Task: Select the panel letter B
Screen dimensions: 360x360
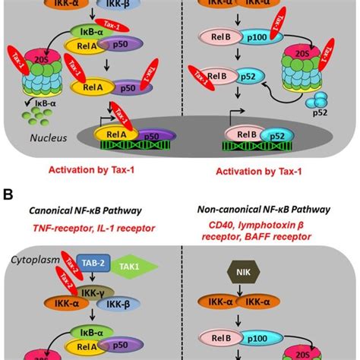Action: (x=8, y=194)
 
